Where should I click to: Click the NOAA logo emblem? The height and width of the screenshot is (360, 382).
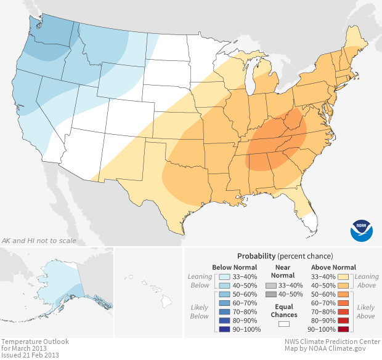pos(362,230)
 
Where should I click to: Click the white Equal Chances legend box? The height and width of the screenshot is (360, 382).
pos(283,324)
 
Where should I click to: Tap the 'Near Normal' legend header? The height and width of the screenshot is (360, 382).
pos(283,271)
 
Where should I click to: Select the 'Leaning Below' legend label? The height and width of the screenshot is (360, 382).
pos(200,281)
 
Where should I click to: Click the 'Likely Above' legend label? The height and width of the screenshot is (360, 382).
pos(366,311)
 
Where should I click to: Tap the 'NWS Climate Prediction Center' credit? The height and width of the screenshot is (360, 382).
pos(331,341)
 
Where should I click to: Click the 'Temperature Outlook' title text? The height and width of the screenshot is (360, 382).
pos(35,341)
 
